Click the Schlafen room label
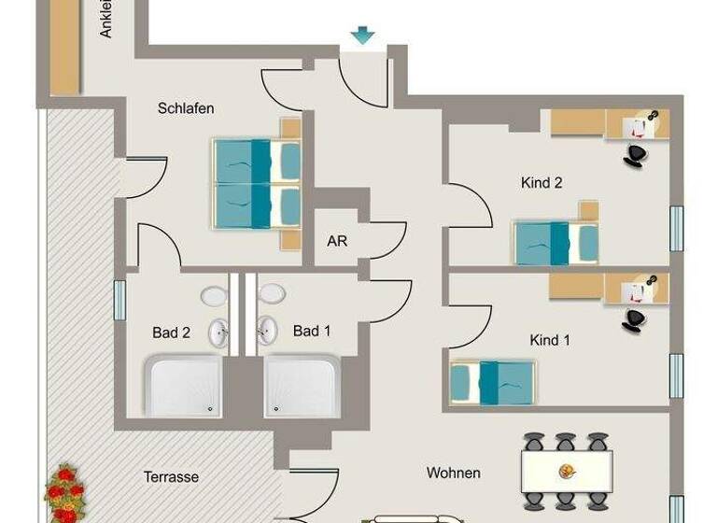(186, 108)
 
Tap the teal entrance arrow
(362, 35)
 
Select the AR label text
(337, 241)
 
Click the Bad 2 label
(171, 332)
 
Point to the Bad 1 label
(312, 331)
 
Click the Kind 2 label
(541, 183)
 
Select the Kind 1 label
(549, 340)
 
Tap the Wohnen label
(453, 473)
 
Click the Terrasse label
(171, 476)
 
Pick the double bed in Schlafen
(258, 183)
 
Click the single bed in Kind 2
(556, 243)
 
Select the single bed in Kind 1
(492, 383)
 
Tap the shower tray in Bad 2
(183, 385)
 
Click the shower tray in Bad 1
(302, 385)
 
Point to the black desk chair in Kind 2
(636, 154)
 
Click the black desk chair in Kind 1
(635, 320)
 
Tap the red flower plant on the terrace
(66, 493)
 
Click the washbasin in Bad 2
(219, 332)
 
